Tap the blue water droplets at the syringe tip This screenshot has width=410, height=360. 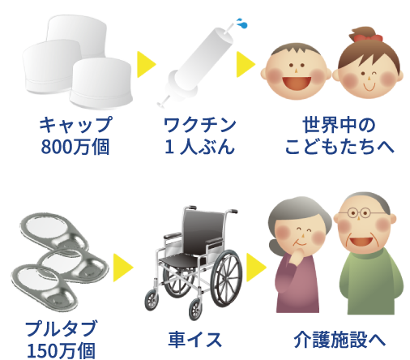(242, 24)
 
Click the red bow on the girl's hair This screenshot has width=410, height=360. (368, 38)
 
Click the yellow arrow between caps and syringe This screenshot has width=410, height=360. (147, 64)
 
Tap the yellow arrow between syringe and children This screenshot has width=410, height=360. (246, 64)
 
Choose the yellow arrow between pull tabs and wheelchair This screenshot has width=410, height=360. (123, 268)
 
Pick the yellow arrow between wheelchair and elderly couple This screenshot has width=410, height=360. (256, 268)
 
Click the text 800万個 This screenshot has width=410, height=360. (75, 147)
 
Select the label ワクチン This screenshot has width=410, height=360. (200, 125)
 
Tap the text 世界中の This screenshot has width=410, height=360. (339, 125)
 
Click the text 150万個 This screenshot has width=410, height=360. (61, 350)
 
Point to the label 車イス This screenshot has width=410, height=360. (195, 340)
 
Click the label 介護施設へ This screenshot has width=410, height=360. (340, 340)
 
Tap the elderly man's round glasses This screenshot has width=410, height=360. (359, 213)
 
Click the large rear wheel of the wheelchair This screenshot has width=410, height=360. (226, 278)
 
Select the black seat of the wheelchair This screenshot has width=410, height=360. (181, 260)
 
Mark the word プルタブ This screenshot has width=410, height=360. (61, 328)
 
